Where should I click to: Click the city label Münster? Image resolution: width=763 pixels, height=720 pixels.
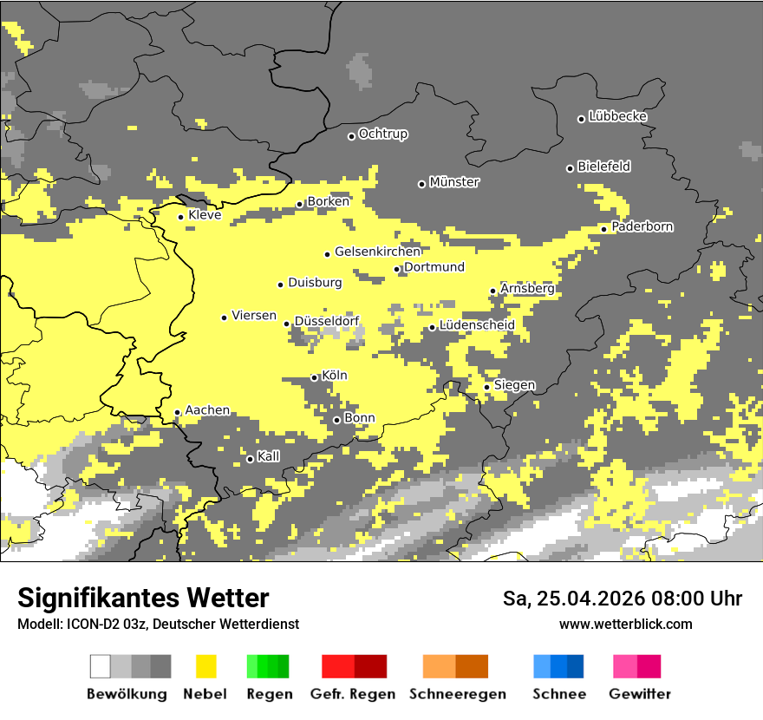pyautogui.click(x=454, y=182)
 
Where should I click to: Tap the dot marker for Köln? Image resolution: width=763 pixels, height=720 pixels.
pyautogui.click(x=314, y=377)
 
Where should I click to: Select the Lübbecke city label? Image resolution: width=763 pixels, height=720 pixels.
pyautogui.click(x=617, y=116)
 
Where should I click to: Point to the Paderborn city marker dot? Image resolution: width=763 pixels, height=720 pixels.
pyautogui.click(x=603, y=229)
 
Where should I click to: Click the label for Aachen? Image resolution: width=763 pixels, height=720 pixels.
pyautogui.click(x=207, y=410)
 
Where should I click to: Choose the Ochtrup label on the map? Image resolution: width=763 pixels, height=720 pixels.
pyautogui.click(x=383, y=134)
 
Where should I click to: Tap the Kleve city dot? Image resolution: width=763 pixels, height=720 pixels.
pyautogui.click(x=180, y=217)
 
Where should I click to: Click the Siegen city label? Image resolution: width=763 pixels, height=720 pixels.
pyautogui.click(x=514, y=385)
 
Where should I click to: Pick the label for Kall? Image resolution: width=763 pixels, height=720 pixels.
pyautogui.click(x=269, y=456)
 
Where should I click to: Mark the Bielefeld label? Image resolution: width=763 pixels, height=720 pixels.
pyautogui.click(x=603, y=167)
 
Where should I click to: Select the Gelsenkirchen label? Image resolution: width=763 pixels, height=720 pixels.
pyautogui.click(x=377, y=252)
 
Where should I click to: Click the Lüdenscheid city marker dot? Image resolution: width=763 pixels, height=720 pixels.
pyautogui.click(x=432, y=327)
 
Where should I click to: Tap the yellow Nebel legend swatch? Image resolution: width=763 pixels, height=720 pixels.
pyautogui.click(x=205, y=666)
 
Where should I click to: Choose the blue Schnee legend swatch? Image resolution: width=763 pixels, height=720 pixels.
pyautogui.click(x=558, y=666)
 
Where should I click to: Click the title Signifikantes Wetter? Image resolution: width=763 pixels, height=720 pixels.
pyautogui.click(x=143, y=598)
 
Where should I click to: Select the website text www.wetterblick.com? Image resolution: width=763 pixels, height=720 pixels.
pyautogui.click(x=625, y=624)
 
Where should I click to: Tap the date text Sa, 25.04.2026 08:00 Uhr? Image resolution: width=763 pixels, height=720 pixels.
pyautogui.click(x=622, y=599)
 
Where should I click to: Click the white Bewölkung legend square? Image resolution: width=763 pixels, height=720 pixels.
pyautogui.click(x=101, y=666)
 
